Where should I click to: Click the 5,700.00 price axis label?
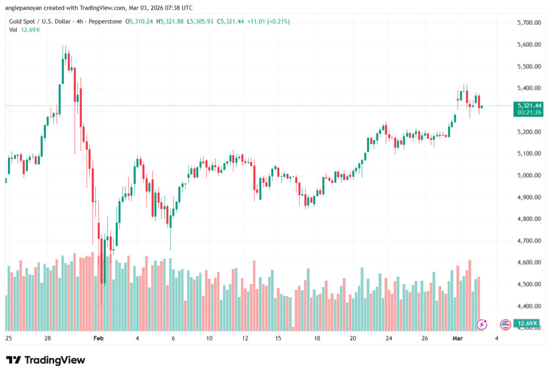pyautogui.click(x=528, y=23)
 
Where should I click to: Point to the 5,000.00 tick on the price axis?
pyautogui.click(x=528, y=175)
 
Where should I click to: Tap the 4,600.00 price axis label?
pyautogui.click(x=528, y=262)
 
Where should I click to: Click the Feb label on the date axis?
pyautogui.click(x=98, y=338)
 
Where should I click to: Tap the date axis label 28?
pyautogui.click(x=48, y=338)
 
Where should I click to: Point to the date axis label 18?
pyautogui.click(x=317, y=338)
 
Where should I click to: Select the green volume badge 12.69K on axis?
pyautogui.click(x=526, y=323)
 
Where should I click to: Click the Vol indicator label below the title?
pyautogui.click(x=13, y=30)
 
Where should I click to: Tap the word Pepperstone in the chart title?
pyautogui.click(x=106, y=21)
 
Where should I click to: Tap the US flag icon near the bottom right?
pyautogui.click(x=505, y=324)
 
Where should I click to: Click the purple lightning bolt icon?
pyautogui.click(x=482, y=324)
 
